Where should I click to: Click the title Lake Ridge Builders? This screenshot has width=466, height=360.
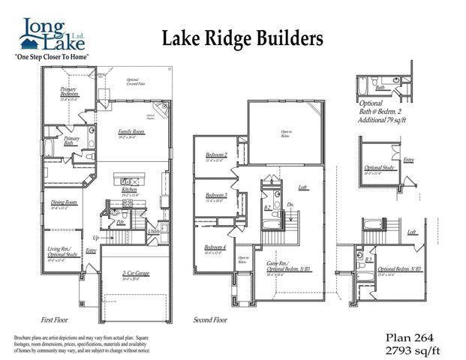pos(242,37)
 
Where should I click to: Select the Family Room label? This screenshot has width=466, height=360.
pos(131,133)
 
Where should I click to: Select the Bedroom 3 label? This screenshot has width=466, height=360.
pos(216,195)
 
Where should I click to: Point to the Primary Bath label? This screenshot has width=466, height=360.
pos(72,140)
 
